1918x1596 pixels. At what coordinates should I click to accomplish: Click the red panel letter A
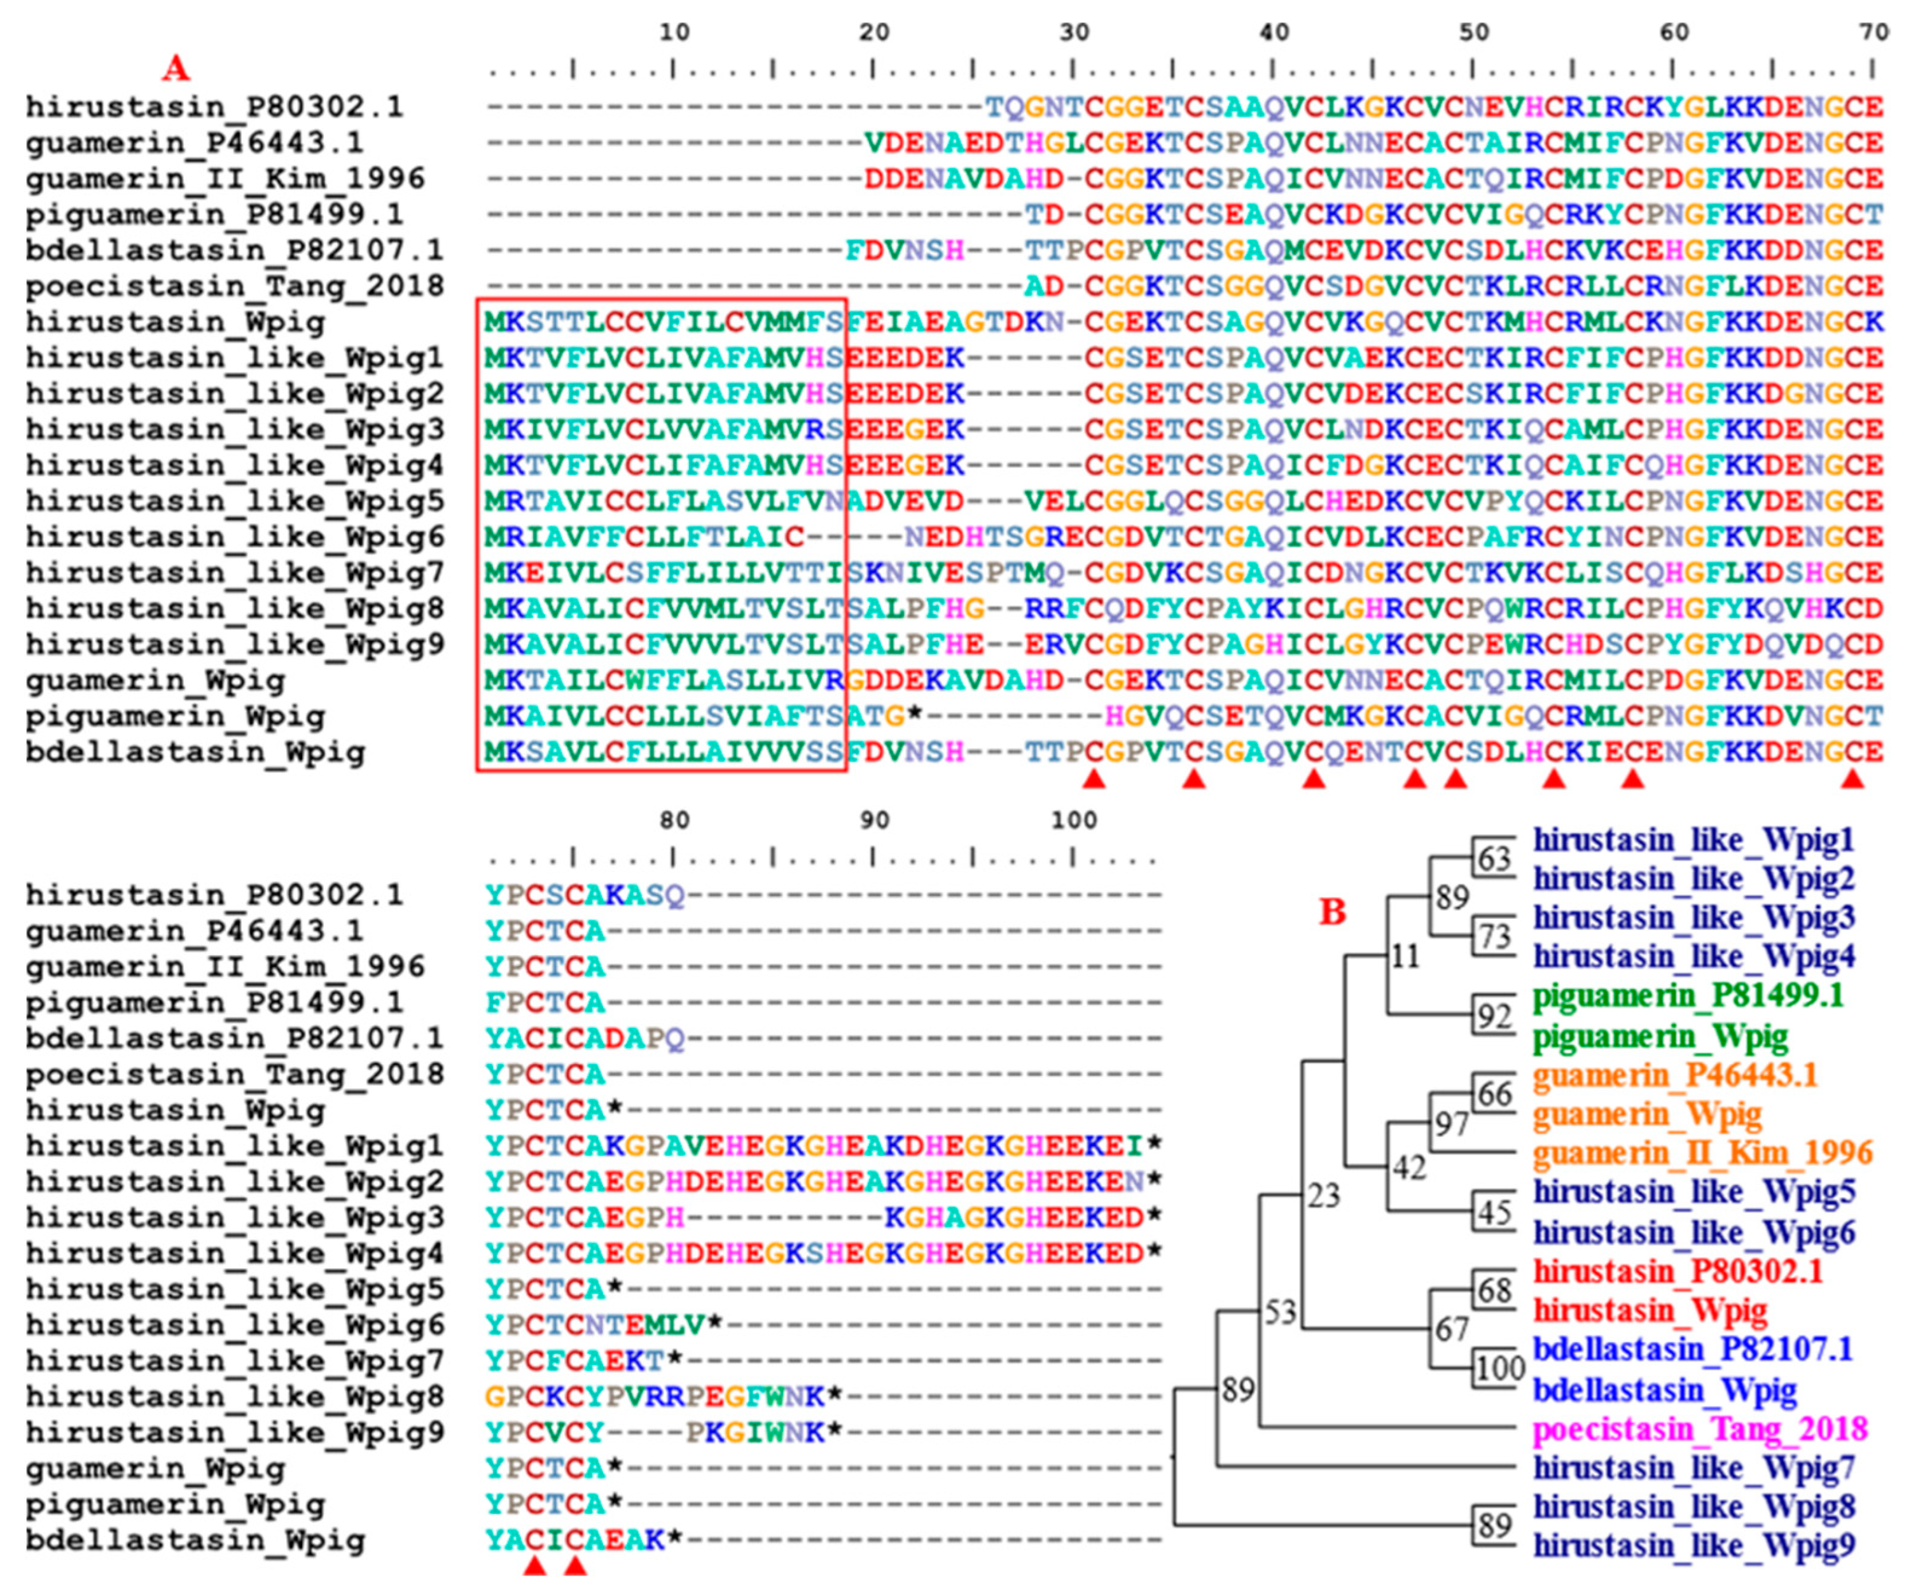[176, 67]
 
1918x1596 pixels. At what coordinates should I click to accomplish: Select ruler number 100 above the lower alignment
[1073, 820]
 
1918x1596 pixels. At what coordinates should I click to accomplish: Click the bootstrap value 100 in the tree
[1499, 1368]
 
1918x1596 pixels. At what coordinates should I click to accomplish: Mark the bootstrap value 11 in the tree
[1405, 956]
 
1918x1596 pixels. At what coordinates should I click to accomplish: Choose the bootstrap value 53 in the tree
[1281, 1312]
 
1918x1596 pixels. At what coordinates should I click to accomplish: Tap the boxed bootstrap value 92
[1494, 1015]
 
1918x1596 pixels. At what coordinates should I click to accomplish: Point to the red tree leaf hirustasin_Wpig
[1650, 1310]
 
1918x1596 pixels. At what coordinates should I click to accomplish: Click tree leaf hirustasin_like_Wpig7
[1694, 1468]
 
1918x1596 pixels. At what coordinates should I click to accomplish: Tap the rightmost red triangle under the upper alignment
[1852, 778]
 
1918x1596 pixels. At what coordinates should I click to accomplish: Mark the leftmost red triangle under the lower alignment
[534, 1566]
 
